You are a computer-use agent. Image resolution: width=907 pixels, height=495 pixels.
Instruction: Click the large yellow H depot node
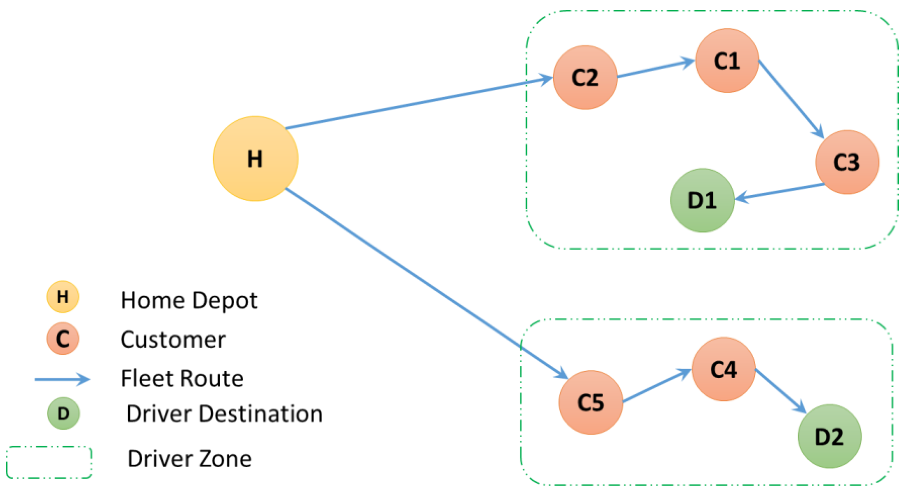[x=255, y=158]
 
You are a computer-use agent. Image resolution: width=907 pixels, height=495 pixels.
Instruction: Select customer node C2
[x=585, y=77]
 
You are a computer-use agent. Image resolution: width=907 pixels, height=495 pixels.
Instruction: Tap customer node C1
[x=727, y=61]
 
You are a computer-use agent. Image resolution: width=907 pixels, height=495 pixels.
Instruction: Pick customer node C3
[x=847, y=162]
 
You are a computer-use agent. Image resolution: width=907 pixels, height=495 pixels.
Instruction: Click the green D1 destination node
[x=702, y=200]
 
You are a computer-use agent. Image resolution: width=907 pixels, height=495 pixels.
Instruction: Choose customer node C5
[x=590, y=402]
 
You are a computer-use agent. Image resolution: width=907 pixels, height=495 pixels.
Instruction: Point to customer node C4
[x=723, y=369]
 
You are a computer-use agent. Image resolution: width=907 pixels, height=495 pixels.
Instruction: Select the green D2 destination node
[x=829, y=436]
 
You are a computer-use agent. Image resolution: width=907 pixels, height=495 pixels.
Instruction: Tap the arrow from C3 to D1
[x=780, y=191]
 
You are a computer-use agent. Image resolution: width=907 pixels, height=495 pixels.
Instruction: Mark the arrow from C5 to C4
[x=657, y=386]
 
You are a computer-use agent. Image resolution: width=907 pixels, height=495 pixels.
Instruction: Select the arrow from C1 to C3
[x=791, y=99]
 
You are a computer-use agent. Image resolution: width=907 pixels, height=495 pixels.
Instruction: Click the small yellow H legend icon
[x=63, y=297]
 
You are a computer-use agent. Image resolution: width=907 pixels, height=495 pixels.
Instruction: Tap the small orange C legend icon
[x=63, y=339]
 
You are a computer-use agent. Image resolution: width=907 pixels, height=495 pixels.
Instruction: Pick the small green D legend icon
[x=63, y=413]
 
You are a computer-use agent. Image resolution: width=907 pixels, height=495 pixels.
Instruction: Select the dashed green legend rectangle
[x=49, y=462]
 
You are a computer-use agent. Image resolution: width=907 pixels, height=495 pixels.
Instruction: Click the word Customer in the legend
[x=173, y=340]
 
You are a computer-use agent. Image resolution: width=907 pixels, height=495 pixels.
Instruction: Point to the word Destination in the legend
[x=260, y=414]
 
